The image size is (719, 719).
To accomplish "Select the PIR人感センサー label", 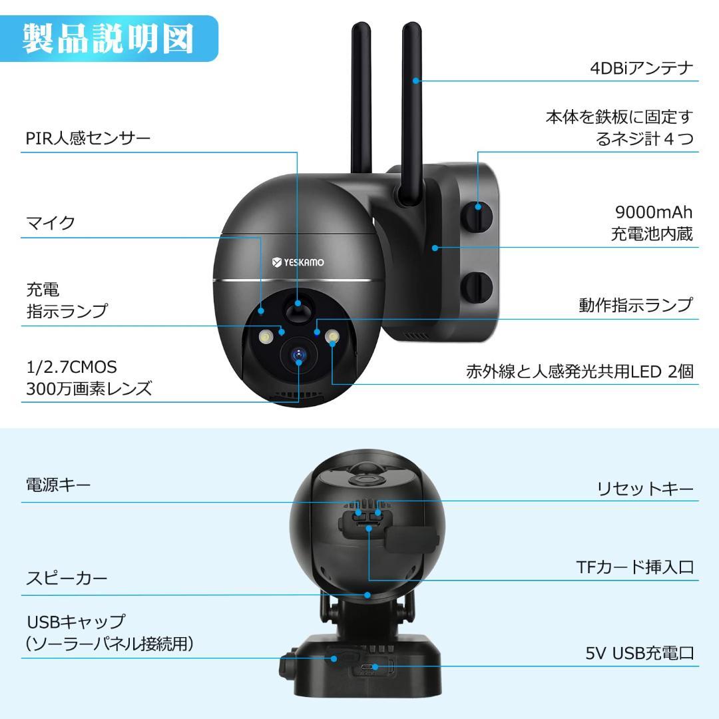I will coord(89,138).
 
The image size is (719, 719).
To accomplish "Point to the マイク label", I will coord(51,223).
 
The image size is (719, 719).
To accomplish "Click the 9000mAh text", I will coord(654,212).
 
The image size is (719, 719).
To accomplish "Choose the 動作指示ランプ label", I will coord(636,306).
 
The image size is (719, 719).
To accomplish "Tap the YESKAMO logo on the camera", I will coord(298,262).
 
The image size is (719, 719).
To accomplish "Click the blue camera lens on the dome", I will coord(299,356).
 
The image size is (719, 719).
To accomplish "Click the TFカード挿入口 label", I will coord(634,567).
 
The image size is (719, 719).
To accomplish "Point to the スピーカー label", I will coord(67,579).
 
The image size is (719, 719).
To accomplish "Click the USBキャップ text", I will coord(75,622).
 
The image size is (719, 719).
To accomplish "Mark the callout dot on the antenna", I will coord(415,81).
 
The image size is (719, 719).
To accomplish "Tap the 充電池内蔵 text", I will coord(652,234).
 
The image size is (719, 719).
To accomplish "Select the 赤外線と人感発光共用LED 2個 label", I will coord(580,371).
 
